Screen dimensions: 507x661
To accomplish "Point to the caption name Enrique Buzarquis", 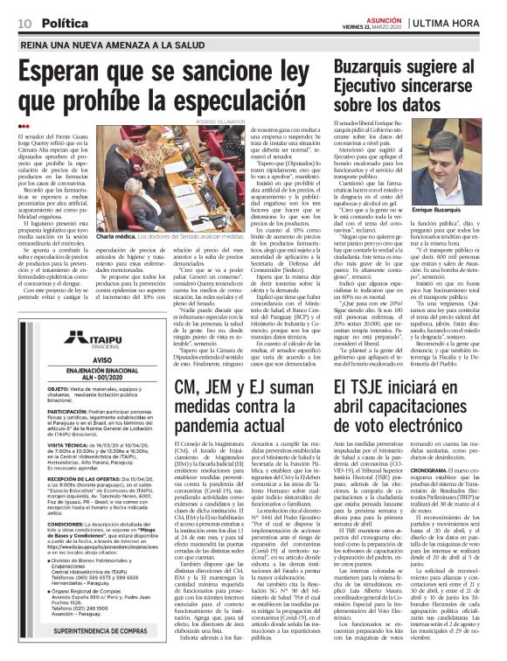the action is [448, 211].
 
